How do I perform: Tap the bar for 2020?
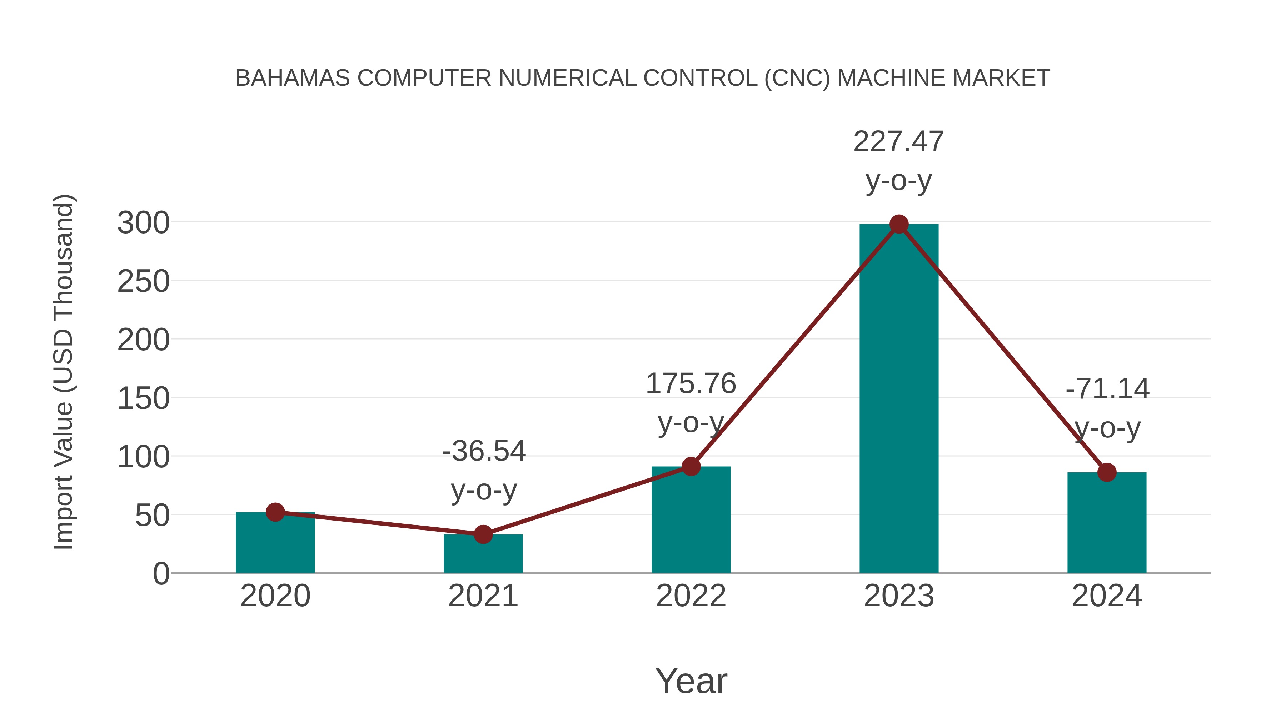tap(275, 544)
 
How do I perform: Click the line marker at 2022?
tap(691, 467)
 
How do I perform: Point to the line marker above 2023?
tap(899, 225)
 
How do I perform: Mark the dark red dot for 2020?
tap(275, 512)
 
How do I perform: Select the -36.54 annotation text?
tap(484, 451)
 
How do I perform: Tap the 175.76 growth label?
tap(691, 384)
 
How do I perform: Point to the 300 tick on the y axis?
tap(143, 223)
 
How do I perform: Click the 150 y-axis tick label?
tap(143, 399)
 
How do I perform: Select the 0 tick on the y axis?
tap(161, 574)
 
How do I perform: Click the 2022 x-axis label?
tap(691, 596)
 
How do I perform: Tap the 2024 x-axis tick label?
tap(1106, 596)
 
